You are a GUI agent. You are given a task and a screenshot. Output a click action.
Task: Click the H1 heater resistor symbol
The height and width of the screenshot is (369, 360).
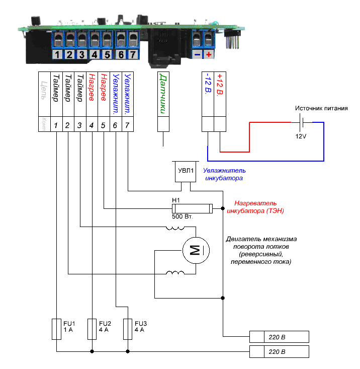click(x=192, y=207)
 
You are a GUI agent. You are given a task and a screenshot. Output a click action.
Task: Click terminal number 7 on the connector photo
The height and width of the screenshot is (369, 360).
click(x=133, y=54)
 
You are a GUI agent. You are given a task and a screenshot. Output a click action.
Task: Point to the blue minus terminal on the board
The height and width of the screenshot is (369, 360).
click(x=197, y=54)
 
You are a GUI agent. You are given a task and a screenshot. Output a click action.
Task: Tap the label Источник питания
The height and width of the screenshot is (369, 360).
click(x=321, y=108)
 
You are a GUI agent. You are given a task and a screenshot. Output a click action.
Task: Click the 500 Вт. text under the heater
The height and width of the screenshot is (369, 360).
click(x=183, y=216)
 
